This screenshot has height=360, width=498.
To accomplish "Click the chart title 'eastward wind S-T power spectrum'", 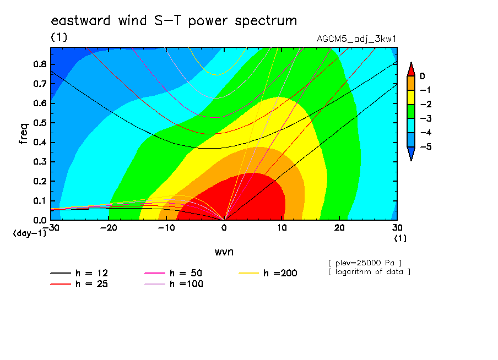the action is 174,20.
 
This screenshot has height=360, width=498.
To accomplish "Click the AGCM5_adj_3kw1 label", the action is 356,39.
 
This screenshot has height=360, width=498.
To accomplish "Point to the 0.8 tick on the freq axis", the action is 40,64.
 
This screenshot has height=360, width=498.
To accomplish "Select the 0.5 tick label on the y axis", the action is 40,123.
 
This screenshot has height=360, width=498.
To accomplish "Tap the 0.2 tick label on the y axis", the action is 40,181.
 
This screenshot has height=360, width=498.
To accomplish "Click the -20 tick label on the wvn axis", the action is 109,228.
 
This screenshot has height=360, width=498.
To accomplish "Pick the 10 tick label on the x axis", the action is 282,228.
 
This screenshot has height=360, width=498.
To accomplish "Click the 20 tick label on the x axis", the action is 339,228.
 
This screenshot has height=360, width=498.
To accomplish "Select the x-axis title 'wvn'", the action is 224,252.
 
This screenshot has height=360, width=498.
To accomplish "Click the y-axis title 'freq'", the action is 24,134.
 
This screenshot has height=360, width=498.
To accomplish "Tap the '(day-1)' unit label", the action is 30,233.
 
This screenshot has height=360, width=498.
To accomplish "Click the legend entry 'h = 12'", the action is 79,273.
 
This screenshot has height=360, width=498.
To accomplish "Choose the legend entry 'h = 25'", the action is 79,284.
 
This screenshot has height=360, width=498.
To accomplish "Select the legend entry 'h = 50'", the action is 174,273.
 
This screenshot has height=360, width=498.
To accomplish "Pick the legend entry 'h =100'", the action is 174,284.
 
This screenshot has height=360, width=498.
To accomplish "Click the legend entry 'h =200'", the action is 268,273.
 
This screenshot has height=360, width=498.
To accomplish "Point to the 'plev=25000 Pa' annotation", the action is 365,263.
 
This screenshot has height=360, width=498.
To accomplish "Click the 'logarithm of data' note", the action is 370,272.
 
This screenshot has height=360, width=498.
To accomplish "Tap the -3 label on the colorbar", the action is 426,119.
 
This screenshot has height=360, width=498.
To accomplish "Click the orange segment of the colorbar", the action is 411,83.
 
